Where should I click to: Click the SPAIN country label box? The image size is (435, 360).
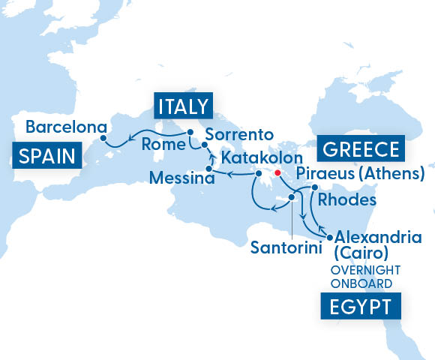[46, 156]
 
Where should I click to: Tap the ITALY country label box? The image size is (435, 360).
[181, 105]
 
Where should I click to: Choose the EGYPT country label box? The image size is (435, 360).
[360, 307]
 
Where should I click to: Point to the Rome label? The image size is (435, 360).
[163, 143]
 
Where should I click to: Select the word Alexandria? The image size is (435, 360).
[379, 237]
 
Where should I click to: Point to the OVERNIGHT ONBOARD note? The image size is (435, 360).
[366, 277]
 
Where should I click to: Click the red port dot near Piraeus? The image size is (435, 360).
[277, 173]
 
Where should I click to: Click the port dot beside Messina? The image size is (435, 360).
[209, 169]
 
